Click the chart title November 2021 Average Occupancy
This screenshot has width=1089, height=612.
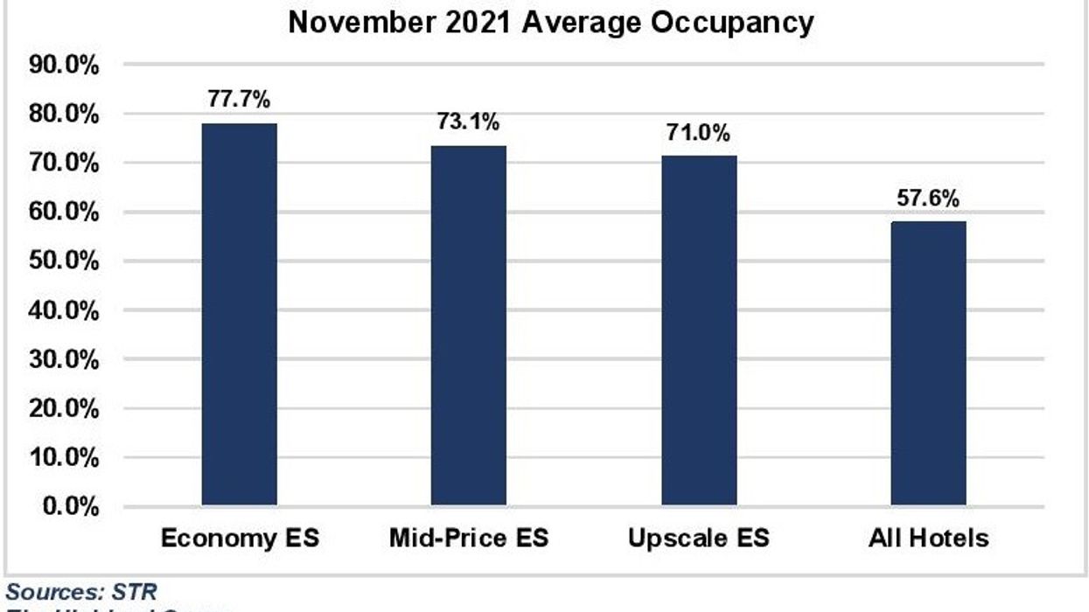pos(551,22)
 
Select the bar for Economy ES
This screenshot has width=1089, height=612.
pos(240,315)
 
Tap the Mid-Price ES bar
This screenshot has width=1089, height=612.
pos(469,325)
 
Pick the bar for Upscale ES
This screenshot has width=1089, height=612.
pos(698,330)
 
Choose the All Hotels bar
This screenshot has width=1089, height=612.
pos(928,364)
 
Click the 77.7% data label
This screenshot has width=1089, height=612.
pos(240,98)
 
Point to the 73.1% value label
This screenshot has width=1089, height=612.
pos(469,121)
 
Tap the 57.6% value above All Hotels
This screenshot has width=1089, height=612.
pos(928,198)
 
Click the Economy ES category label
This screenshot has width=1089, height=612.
pos(240,538)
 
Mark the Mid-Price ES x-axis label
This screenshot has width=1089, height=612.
pos(469,538)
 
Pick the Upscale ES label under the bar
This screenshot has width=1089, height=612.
pos(698,538)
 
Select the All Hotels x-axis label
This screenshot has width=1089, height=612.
pos(928,538)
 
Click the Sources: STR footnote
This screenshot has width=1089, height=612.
pos(81,593)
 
